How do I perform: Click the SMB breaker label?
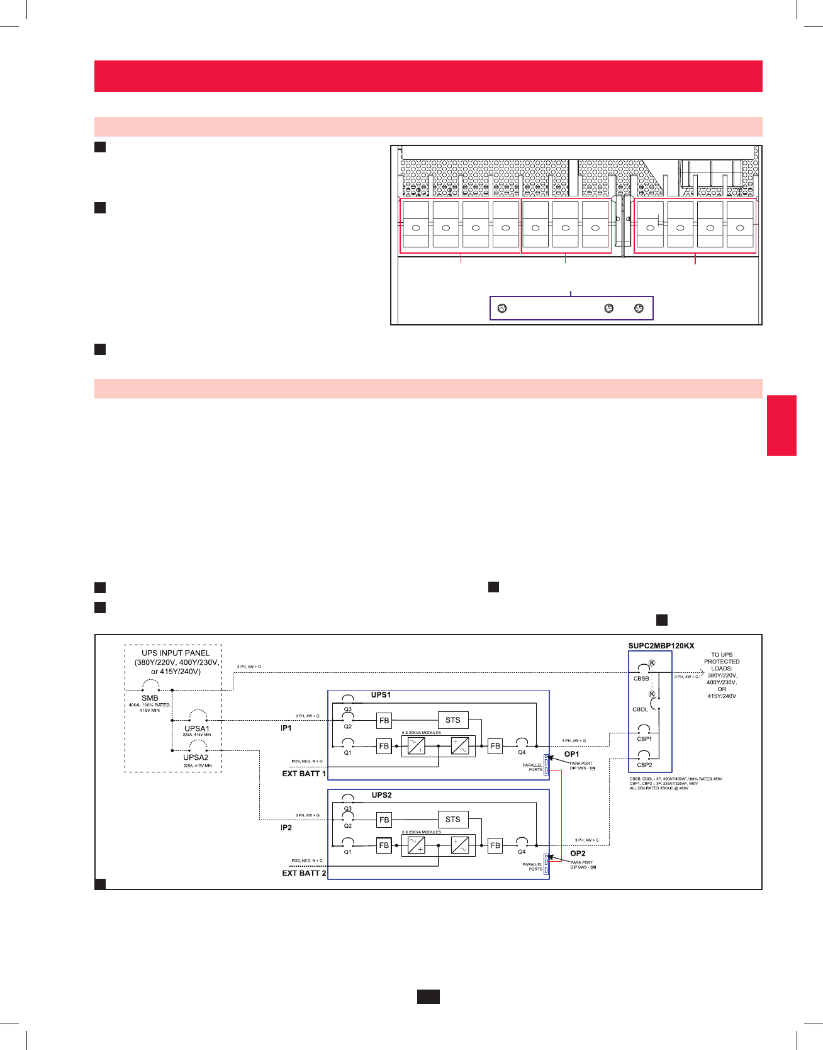pyautogui.click(x=150, y=698)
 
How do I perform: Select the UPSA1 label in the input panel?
pyautogui.click(x=197, y=728)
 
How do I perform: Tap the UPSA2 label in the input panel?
pyautogui.click(x=196, y=757)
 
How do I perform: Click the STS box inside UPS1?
pyautogui.click(x=453, y=720)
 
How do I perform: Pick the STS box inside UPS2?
pyautogui.click(x=453, y=819)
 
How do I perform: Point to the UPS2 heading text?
pyautogui.click(x=381, y=795)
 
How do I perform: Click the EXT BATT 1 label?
pyautogui.click(x=304, y=774)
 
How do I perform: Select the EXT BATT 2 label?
pyautogui.click(x=304, y=873)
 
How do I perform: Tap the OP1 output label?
pyautogui.click(x=571, y=754)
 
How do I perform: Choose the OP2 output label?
pyautogui.click(x=578, y=854)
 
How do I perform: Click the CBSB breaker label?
pyautogui.click(x=641, y=679)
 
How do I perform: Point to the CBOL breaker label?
pyautogui.click(x=640, y=709)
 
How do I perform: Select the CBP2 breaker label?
pyautogui.click(x=644, y=765)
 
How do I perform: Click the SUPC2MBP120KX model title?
pyautogui.click(x=661, y=646)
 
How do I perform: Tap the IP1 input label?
pyautogui.click(x=286, y=728)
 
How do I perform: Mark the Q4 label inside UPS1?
pyautogui.click(x=522, y=752)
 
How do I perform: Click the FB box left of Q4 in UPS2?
pyautogui.click(x=495, y=845)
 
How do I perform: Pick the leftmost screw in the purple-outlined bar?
pyautogui.click(x=502, y=308)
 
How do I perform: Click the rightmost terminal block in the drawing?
pyautogui.click(x=740, y=225)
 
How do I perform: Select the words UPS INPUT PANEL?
pyautogui.click(x=176, y=653)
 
